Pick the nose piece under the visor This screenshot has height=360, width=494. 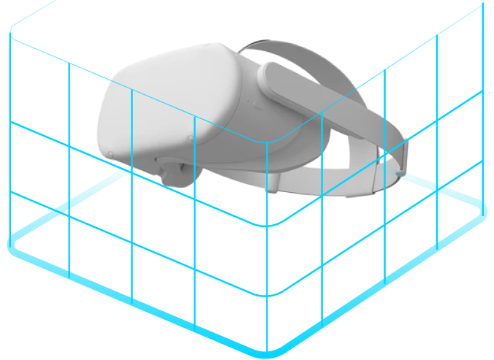(x=174, y=174)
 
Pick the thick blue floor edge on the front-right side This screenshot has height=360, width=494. (x=380, y=281)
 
